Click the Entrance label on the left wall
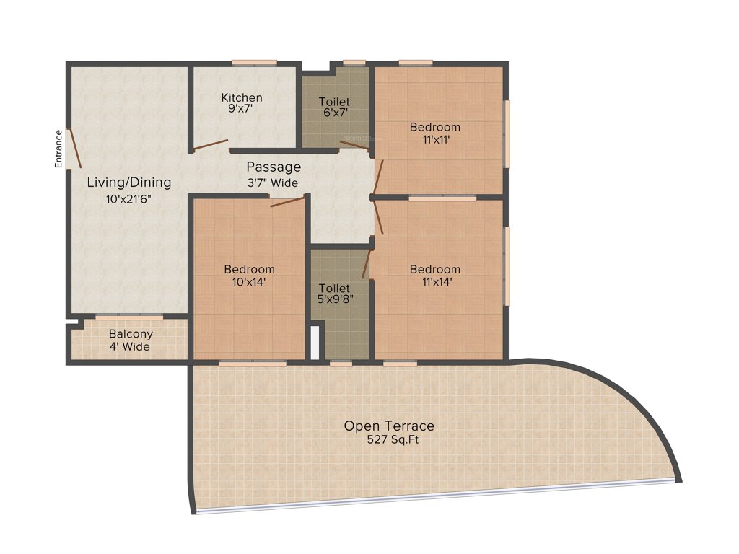tap(59, 149)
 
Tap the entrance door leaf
tap(74, 149)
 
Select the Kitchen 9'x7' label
tap(242, 103)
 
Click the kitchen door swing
tap(211, 145)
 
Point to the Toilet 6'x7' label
tap(334, 107)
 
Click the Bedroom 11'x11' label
tap(434, 133)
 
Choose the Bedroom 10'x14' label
tap(249, 276)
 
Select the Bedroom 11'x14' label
tap(434, 276)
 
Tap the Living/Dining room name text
tap(129, 182)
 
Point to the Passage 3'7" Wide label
tap(274, 175)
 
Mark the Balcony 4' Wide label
tap(130, 340)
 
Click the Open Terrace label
tap(389, 426)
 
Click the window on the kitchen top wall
tap(253, 63)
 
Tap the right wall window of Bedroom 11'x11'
tap(507, 133)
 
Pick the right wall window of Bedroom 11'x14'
tap(507, 265)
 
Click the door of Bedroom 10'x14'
tap(287, 202)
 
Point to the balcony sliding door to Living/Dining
tap(129, 317)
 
